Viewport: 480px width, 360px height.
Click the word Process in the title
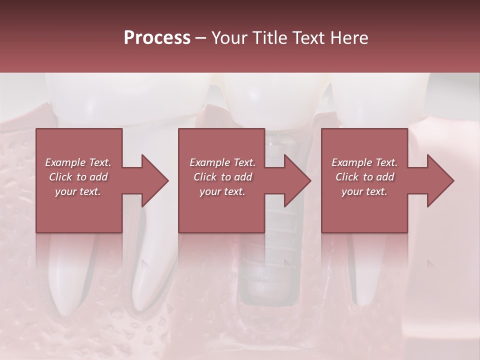click(x=157, y=37)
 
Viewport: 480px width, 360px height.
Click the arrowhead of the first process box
click(x=155, y=180)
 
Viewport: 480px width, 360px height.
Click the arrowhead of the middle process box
click(x=297, y=180)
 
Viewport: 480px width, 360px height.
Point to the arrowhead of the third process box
click(x=440, y=180)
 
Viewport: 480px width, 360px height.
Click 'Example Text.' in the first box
click(x=78, y=162)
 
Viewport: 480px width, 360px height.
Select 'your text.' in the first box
click(x=78, y=191)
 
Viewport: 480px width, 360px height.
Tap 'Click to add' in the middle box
click(x=222, y=177)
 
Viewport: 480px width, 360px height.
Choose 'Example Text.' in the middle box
click(x=222, y=162)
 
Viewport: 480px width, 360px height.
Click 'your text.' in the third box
click(x=364, y=191)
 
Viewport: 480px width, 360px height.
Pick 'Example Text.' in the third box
click(x=364, y=162)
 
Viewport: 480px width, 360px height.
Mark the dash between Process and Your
click(x=200, y=38)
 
